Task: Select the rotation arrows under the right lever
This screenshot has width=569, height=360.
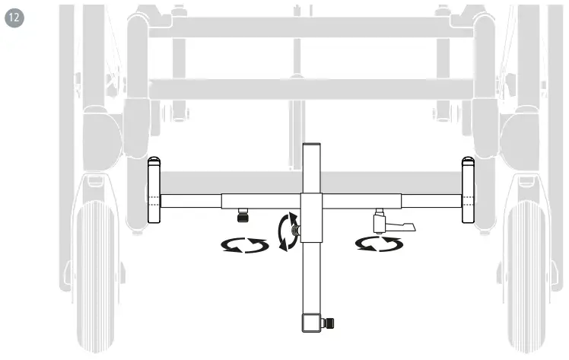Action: click(x=379, y=244)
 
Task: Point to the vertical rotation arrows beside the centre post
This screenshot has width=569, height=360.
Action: click(x=287, y=231)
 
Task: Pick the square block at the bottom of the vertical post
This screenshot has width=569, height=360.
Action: click(x=310, y=323)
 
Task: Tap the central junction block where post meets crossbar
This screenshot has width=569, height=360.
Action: click(x=310, y=216)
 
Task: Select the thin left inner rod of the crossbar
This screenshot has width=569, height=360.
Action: click(x=190, y=201)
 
